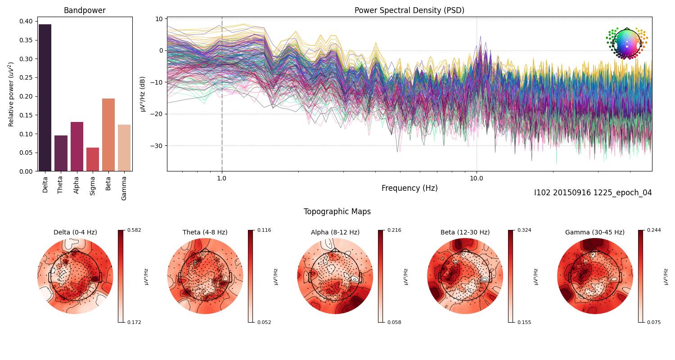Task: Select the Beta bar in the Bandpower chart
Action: [x=108, y=135]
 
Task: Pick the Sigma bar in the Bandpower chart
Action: [x=92, y=159]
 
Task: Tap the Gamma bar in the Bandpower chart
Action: [x=124, y=148]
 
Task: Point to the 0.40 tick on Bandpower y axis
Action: [x=26, y=21]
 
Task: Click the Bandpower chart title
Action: [x=85, y=10]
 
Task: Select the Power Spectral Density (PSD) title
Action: [x=409, y=10]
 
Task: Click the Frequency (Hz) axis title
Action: [x=409, y=188]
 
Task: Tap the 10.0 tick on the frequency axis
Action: [x=477, y=178]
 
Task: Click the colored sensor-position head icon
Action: [x=626, y=43]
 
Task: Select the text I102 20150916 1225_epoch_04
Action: [x=593, y=193]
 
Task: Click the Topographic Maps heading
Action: [x=337, y=211]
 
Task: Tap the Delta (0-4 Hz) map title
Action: [x=75, y=232]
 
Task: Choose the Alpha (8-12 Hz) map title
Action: [x=335, y=232]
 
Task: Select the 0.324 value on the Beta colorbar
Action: [x=525, y=230]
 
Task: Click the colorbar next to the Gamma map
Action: [x=640, y=276]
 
